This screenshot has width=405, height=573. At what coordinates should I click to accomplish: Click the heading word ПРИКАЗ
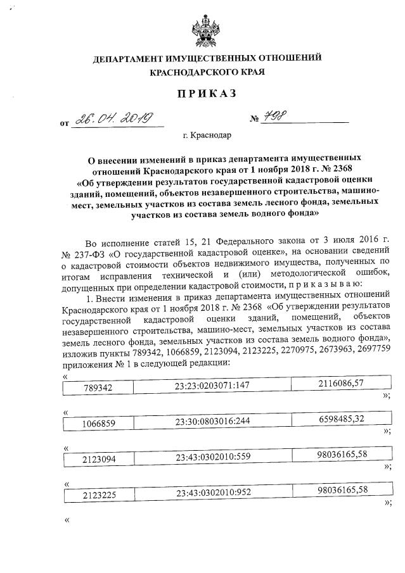pos(207,94)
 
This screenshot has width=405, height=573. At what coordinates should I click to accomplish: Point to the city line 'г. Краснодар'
pos(207,135)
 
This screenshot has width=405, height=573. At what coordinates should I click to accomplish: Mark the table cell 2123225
pos(98,494)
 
